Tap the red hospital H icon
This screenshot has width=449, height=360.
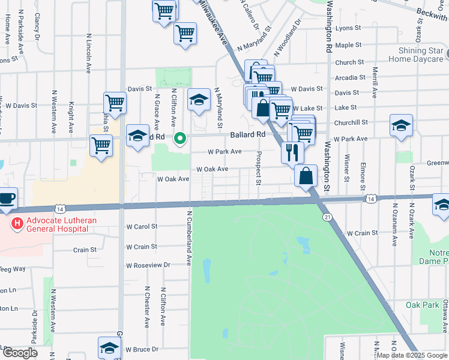click(17, 224)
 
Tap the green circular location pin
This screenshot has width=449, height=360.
click(179, 139)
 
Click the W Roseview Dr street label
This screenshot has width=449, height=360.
click(148, 265)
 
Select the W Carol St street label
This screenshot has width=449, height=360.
click(142, 227)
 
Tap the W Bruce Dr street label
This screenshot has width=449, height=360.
click(142, 349)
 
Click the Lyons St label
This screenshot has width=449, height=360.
click(348, 28)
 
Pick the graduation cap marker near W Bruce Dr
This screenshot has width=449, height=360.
click(109, 347)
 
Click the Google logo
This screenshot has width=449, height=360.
click(20, 353)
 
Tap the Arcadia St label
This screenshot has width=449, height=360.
click(350, 77)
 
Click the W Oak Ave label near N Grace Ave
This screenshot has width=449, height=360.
click(173, 179)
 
